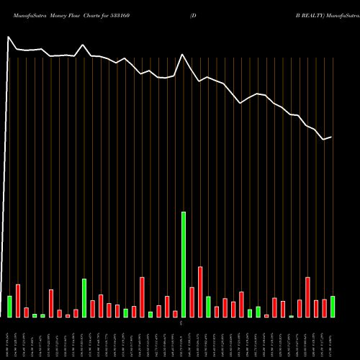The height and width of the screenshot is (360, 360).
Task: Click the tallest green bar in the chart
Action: pos(184,264)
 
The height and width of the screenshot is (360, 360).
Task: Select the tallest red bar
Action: pos(200,292)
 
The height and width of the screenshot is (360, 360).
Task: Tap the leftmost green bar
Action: pos(9,306)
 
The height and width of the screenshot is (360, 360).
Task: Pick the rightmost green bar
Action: pos(333,306)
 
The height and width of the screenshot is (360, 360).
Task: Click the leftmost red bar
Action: pos(18,300)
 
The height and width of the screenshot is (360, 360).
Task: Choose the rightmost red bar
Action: pos(324,308)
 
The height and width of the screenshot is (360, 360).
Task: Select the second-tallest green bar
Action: pos(84,297)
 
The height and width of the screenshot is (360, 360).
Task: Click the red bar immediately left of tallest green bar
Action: pos(175,313)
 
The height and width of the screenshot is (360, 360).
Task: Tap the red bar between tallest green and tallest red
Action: pos(192,302)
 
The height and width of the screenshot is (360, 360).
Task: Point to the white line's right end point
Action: pos(331,137)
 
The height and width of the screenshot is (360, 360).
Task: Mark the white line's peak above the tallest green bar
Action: pos(183,55)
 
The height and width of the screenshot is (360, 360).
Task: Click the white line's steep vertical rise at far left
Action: pos(7,180)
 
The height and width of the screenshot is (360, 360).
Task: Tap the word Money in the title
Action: pos(63,14)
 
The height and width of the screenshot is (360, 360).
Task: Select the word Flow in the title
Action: pos(83,14)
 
